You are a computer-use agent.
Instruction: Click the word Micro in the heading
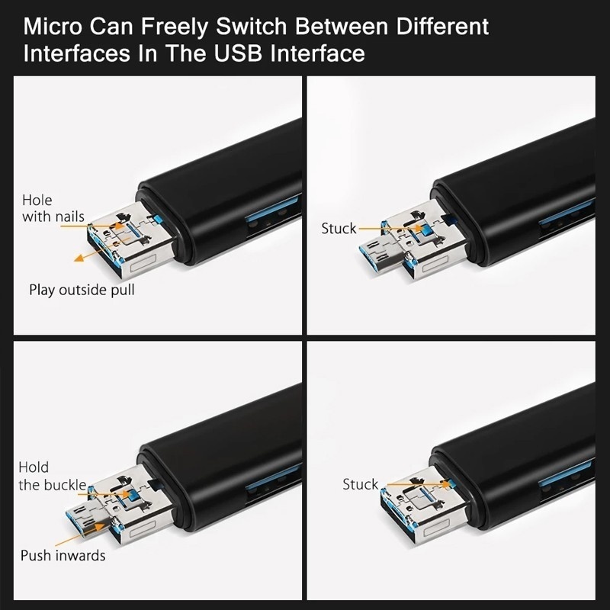coord(54,28)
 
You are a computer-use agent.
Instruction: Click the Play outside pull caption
coord(82,291)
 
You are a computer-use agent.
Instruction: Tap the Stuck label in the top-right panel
coord(339,229)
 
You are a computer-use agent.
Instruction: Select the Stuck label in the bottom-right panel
coord(360,485)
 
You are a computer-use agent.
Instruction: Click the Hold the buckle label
coord(52,477)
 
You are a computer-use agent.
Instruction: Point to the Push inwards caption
coord(63,556)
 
